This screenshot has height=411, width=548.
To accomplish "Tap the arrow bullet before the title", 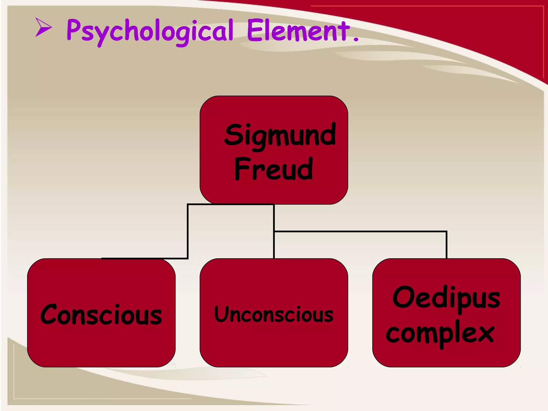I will coord(43,27).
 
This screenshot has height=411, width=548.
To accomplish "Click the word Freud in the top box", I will coord(273,169).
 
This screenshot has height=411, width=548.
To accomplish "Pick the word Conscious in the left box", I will coord(101,315).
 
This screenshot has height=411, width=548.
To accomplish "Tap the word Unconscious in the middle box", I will coord(274,314).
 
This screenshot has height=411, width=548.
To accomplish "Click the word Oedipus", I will coord(446,298).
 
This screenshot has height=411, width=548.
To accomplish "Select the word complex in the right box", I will coord(440,333).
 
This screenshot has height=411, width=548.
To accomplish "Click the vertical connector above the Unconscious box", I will coord(274,245).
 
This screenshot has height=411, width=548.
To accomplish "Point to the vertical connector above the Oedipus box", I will coord(446,245).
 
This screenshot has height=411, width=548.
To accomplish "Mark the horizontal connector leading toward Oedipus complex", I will coord(360,231).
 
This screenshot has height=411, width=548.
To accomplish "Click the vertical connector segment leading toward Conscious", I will coord(188,231).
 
